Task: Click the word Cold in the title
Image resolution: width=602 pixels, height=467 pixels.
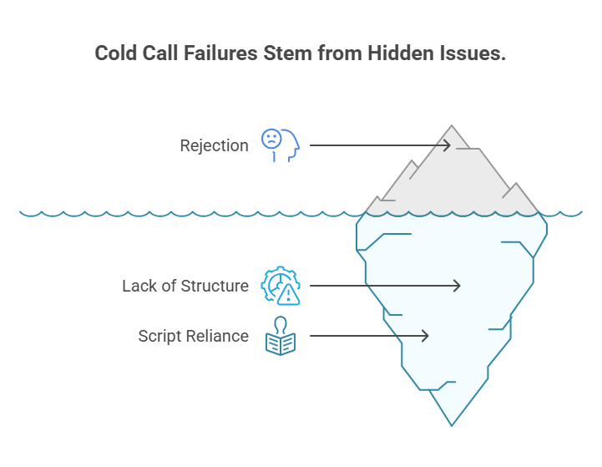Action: click(116, 53)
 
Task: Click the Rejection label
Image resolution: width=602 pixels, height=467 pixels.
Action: click(214, 145)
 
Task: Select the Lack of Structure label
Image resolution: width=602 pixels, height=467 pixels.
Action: click(185, 286)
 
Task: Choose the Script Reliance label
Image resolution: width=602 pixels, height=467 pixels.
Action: click(193, 336)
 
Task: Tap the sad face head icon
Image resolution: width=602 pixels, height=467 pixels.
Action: click(280, 145)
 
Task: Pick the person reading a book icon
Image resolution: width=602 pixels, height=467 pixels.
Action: click(281, 336)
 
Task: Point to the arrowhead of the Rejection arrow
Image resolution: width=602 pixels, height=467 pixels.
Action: click(448, 145)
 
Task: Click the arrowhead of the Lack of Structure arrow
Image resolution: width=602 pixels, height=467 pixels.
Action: click(457, 286)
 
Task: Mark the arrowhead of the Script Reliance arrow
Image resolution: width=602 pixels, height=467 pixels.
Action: click(425, 336)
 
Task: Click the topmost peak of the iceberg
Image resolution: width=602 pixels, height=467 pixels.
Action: click(453, 127)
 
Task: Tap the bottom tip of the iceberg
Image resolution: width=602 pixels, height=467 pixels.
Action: click(452, 425)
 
